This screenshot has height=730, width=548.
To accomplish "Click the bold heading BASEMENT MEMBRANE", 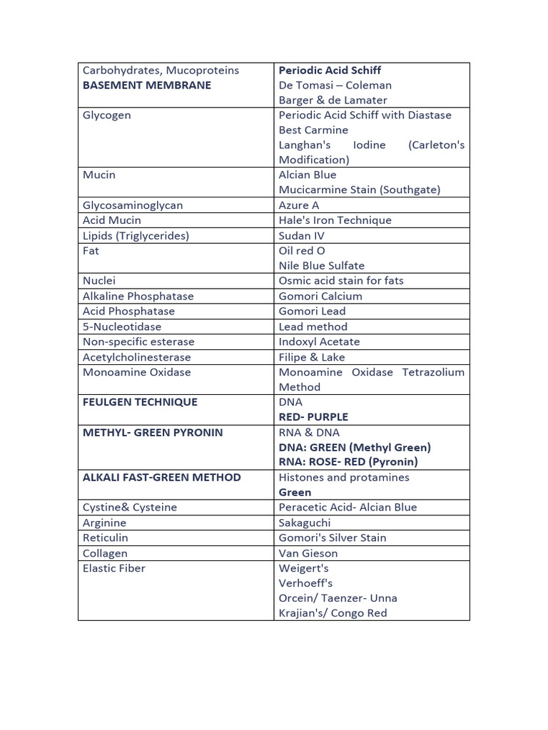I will click(147, 86).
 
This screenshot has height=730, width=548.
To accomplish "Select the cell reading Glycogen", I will click(107, 115).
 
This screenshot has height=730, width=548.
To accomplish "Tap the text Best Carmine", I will click(313, 130).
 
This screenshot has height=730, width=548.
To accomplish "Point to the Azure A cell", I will click(299, 205).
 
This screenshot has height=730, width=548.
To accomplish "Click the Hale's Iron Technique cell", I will click(335, 220).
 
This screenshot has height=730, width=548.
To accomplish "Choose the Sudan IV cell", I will click(301, 236).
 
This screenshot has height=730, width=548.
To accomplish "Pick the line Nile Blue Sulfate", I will click(321, 266).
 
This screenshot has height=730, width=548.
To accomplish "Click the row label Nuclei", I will click(99, 281).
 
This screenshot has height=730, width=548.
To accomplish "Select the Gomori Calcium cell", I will click(320, 297).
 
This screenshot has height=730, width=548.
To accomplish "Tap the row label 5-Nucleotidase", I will click(122, 327).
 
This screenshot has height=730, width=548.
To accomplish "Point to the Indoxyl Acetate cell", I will click(319, 342).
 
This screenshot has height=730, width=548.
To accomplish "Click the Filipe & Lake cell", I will click(312, 357).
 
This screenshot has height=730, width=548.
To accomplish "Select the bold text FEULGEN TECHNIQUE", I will click(140, 402).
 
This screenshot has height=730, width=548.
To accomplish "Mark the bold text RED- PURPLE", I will click(313, 417).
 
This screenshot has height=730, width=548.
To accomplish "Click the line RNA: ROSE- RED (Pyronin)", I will click(348, 462).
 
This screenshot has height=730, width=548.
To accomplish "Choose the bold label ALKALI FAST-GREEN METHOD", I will click(162, 478).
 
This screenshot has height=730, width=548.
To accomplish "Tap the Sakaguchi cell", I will click(305, 523).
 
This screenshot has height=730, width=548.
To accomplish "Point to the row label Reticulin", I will click(106, 538).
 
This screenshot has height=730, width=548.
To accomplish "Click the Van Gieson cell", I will click(308, 553).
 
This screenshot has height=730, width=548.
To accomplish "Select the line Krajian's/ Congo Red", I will click(333, 613).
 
